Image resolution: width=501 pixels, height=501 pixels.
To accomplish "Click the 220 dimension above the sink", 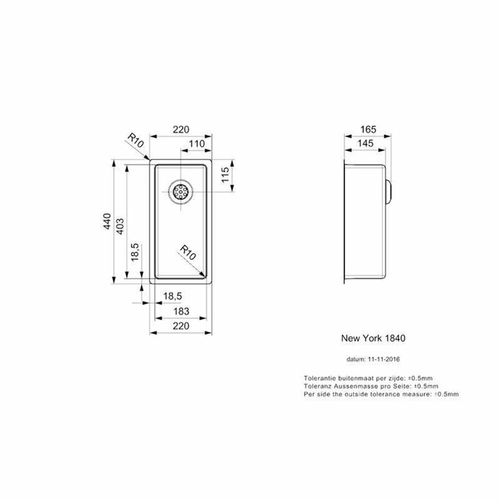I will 181,129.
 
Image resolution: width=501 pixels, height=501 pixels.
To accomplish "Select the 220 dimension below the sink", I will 181,326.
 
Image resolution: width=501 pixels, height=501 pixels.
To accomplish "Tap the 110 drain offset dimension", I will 196,144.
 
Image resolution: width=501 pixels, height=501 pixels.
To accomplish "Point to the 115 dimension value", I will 225,175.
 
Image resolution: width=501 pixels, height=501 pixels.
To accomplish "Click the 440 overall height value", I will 106,221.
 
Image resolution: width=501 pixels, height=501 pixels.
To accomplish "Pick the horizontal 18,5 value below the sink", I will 172,297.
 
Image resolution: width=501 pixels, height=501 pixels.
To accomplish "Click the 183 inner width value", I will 181,312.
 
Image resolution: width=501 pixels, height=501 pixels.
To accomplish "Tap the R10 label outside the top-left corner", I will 136,141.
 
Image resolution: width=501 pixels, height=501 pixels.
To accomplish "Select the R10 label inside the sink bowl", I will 188,253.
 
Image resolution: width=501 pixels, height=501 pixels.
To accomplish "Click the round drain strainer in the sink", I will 180,192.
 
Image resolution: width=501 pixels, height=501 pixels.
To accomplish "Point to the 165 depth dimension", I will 367,129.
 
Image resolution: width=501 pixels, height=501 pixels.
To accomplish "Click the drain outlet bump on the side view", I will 389,191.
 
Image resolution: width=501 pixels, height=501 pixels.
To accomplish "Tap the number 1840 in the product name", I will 395,338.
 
